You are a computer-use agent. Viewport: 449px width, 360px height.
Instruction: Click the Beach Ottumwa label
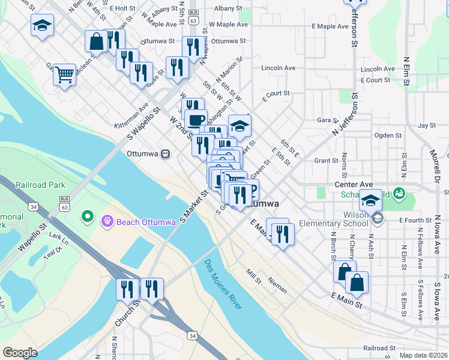(146, 222)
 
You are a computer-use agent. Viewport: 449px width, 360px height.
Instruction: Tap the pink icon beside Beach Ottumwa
(108, 222)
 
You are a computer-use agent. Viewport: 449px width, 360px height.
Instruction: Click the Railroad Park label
(40, 185)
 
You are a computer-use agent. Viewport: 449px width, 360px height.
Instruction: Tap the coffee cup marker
(195, 119)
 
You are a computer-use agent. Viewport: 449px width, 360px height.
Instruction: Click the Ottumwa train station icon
(165, 154)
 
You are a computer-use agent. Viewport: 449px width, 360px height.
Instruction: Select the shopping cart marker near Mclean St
(64, 75)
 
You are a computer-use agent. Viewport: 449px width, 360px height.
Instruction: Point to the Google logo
(20, 353)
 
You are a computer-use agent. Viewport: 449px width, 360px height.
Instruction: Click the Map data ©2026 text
(423, 355)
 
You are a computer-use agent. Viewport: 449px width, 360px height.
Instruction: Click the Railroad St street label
(379, 348)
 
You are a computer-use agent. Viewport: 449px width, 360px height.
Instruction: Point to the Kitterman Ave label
(131, 118)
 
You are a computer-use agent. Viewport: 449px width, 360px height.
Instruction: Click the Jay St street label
(426, 125)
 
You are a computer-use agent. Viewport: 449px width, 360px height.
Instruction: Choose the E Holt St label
(123, 8)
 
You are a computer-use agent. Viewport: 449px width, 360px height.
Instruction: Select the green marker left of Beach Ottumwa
(88, 215)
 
